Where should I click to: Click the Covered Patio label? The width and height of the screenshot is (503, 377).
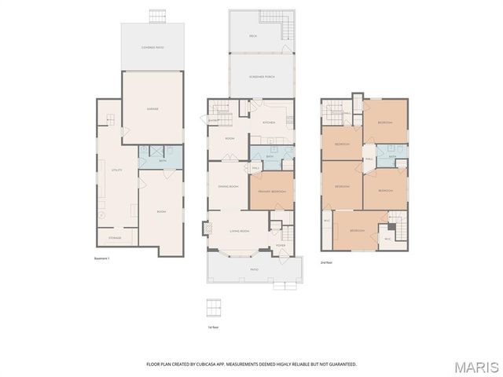(152, 47)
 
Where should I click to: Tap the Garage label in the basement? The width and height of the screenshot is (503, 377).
(152, 108)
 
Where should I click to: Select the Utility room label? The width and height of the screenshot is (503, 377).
(116, 170)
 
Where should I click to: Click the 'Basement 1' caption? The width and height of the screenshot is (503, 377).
(101, 259)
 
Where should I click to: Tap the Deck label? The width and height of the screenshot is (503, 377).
(253, 36)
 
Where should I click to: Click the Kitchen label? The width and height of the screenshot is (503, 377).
(268, 123)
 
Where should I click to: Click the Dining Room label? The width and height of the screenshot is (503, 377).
(228, 186)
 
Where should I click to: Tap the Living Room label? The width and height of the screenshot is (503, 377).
(239, 231)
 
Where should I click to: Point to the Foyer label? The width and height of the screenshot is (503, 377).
(281, 246)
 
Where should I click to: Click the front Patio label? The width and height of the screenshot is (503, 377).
(254, 269)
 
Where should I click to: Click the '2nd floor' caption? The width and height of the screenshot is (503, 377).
(327, 262)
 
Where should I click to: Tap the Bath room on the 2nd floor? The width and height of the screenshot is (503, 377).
(391, 156)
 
